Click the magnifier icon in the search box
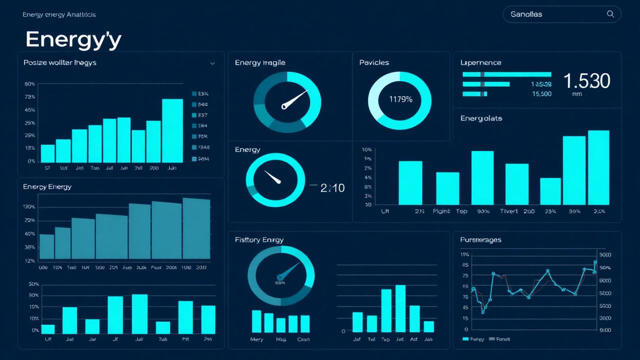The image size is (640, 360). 610,14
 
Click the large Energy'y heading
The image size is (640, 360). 73,39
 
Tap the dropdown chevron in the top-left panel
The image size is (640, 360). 212,63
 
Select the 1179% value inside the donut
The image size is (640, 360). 400,99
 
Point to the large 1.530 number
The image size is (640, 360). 586,80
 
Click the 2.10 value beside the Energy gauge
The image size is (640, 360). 332,188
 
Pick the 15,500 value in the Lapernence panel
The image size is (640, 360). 541,93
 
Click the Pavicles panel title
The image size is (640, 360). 374,62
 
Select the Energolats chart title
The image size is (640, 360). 481,118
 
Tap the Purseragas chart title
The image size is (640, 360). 480,240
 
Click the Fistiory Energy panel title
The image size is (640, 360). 259,240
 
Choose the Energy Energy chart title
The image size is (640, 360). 47,187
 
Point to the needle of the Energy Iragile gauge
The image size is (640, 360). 295,99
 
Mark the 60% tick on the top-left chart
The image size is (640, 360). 29,84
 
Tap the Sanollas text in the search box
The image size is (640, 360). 526,14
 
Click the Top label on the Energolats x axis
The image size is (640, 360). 461,211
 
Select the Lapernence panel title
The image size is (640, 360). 480,62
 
